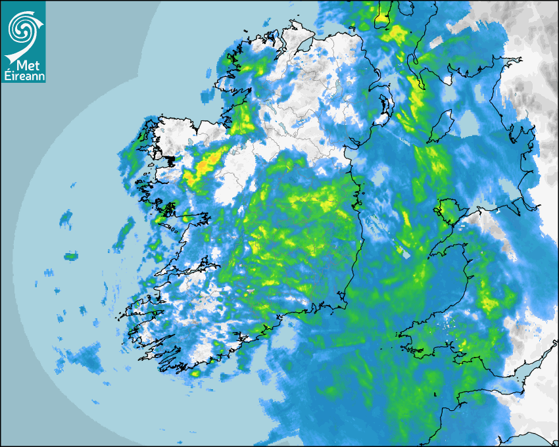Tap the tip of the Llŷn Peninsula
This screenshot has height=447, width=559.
tap(431, 254)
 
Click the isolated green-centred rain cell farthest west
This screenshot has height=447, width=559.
tap(70, 256)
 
